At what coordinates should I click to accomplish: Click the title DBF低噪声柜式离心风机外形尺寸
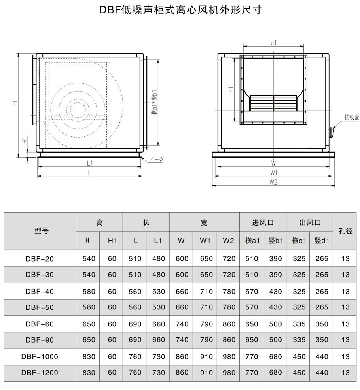[x=181, y=10]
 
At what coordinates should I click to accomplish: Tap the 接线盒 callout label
[x=352, y=117]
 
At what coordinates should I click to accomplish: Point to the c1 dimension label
[x=274, y=43]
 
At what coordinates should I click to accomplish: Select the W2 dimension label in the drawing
[x=273, y=182]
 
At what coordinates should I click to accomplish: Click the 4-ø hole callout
[x=157, y=159]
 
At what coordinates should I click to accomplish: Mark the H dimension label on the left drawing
[x=15, y=102]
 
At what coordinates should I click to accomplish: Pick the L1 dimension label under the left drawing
[x=90, y=163]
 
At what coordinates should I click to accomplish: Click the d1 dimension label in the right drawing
[x=231, y=90]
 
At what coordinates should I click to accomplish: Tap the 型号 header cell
[x=41, y=231]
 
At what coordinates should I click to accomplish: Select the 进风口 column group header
[x=263, y=222]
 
